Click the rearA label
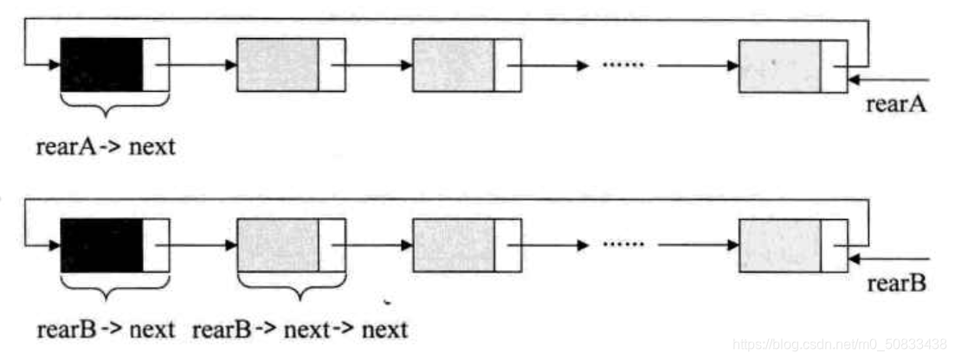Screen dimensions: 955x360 [x=895, y=105]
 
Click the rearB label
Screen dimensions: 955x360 [x=895, y=284]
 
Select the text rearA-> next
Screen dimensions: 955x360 [x=106, y=146]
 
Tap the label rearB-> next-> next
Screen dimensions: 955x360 [x=300, y=329]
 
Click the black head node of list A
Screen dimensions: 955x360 [x=102, y=65]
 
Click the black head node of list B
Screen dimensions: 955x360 [x=102, y=245]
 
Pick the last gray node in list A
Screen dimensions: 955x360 [x=779, y=66]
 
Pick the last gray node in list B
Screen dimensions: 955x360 [x=779, y=245]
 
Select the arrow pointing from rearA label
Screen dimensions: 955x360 [x=887, y=80]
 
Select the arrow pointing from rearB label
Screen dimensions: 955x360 [x=887, y=258]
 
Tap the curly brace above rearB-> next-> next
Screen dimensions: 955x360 [x=291, y=287]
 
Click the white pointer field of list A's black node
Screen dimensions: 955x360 [x=157, y=65]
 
